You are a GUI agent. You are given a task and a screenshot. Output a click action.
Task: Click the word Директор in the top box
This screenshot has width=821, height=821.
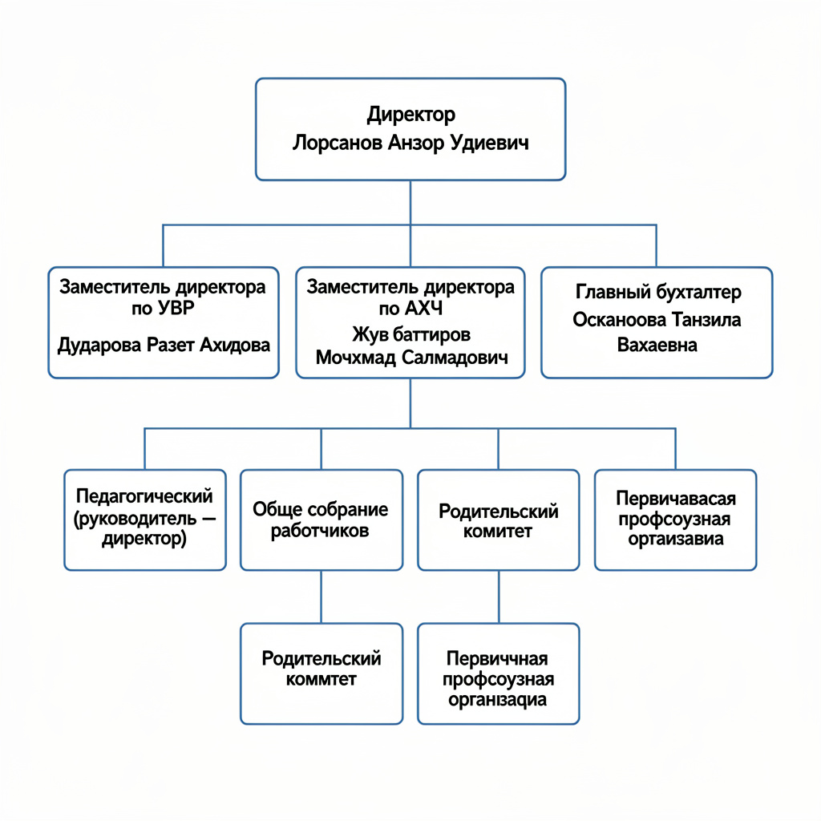[411, 115]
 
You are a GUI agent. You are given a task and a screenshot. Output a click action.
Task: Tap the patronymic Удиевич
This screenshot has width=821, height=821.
[489, 143]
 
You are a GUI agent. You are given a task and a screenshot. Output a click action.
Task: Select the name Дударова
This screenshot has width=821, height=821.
[99, 345]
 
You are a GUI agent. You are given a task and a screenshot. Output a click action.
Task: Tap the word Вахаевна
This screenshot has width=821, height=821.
[657, 345]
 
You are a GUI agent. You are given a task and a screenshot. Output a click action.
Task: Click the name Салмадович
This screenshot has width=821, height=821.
[455, 358]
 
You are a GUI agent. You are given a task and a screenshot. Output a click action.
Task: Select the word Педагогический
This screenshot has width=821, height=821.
[144, 495]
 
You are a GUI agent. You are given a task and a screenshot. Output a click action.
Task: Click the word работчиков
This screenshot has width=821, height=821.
[320, 531]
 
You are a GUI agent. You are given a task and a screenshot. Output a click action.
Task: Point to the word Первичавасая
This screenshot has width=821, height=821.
[676, 499]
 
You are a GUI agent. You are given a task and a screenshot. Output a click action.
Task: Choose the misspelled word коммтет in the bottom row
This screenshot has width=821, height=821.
[321, 679]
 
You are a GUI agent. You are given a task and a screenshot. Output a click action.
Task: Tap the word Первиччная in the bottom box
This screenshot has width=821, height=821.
[497, 658]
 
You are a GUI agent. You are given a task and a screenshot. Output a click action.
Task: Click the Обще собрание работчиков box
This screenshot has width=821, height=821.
[322, 520]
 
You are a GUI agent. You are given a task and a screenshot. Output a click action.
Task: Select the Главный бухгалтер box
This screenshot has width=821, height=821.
[657, 322]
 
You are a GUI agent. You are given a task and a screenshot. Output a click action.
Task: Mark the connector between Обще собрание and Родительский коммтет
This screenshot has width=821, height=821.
[321, 597]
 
